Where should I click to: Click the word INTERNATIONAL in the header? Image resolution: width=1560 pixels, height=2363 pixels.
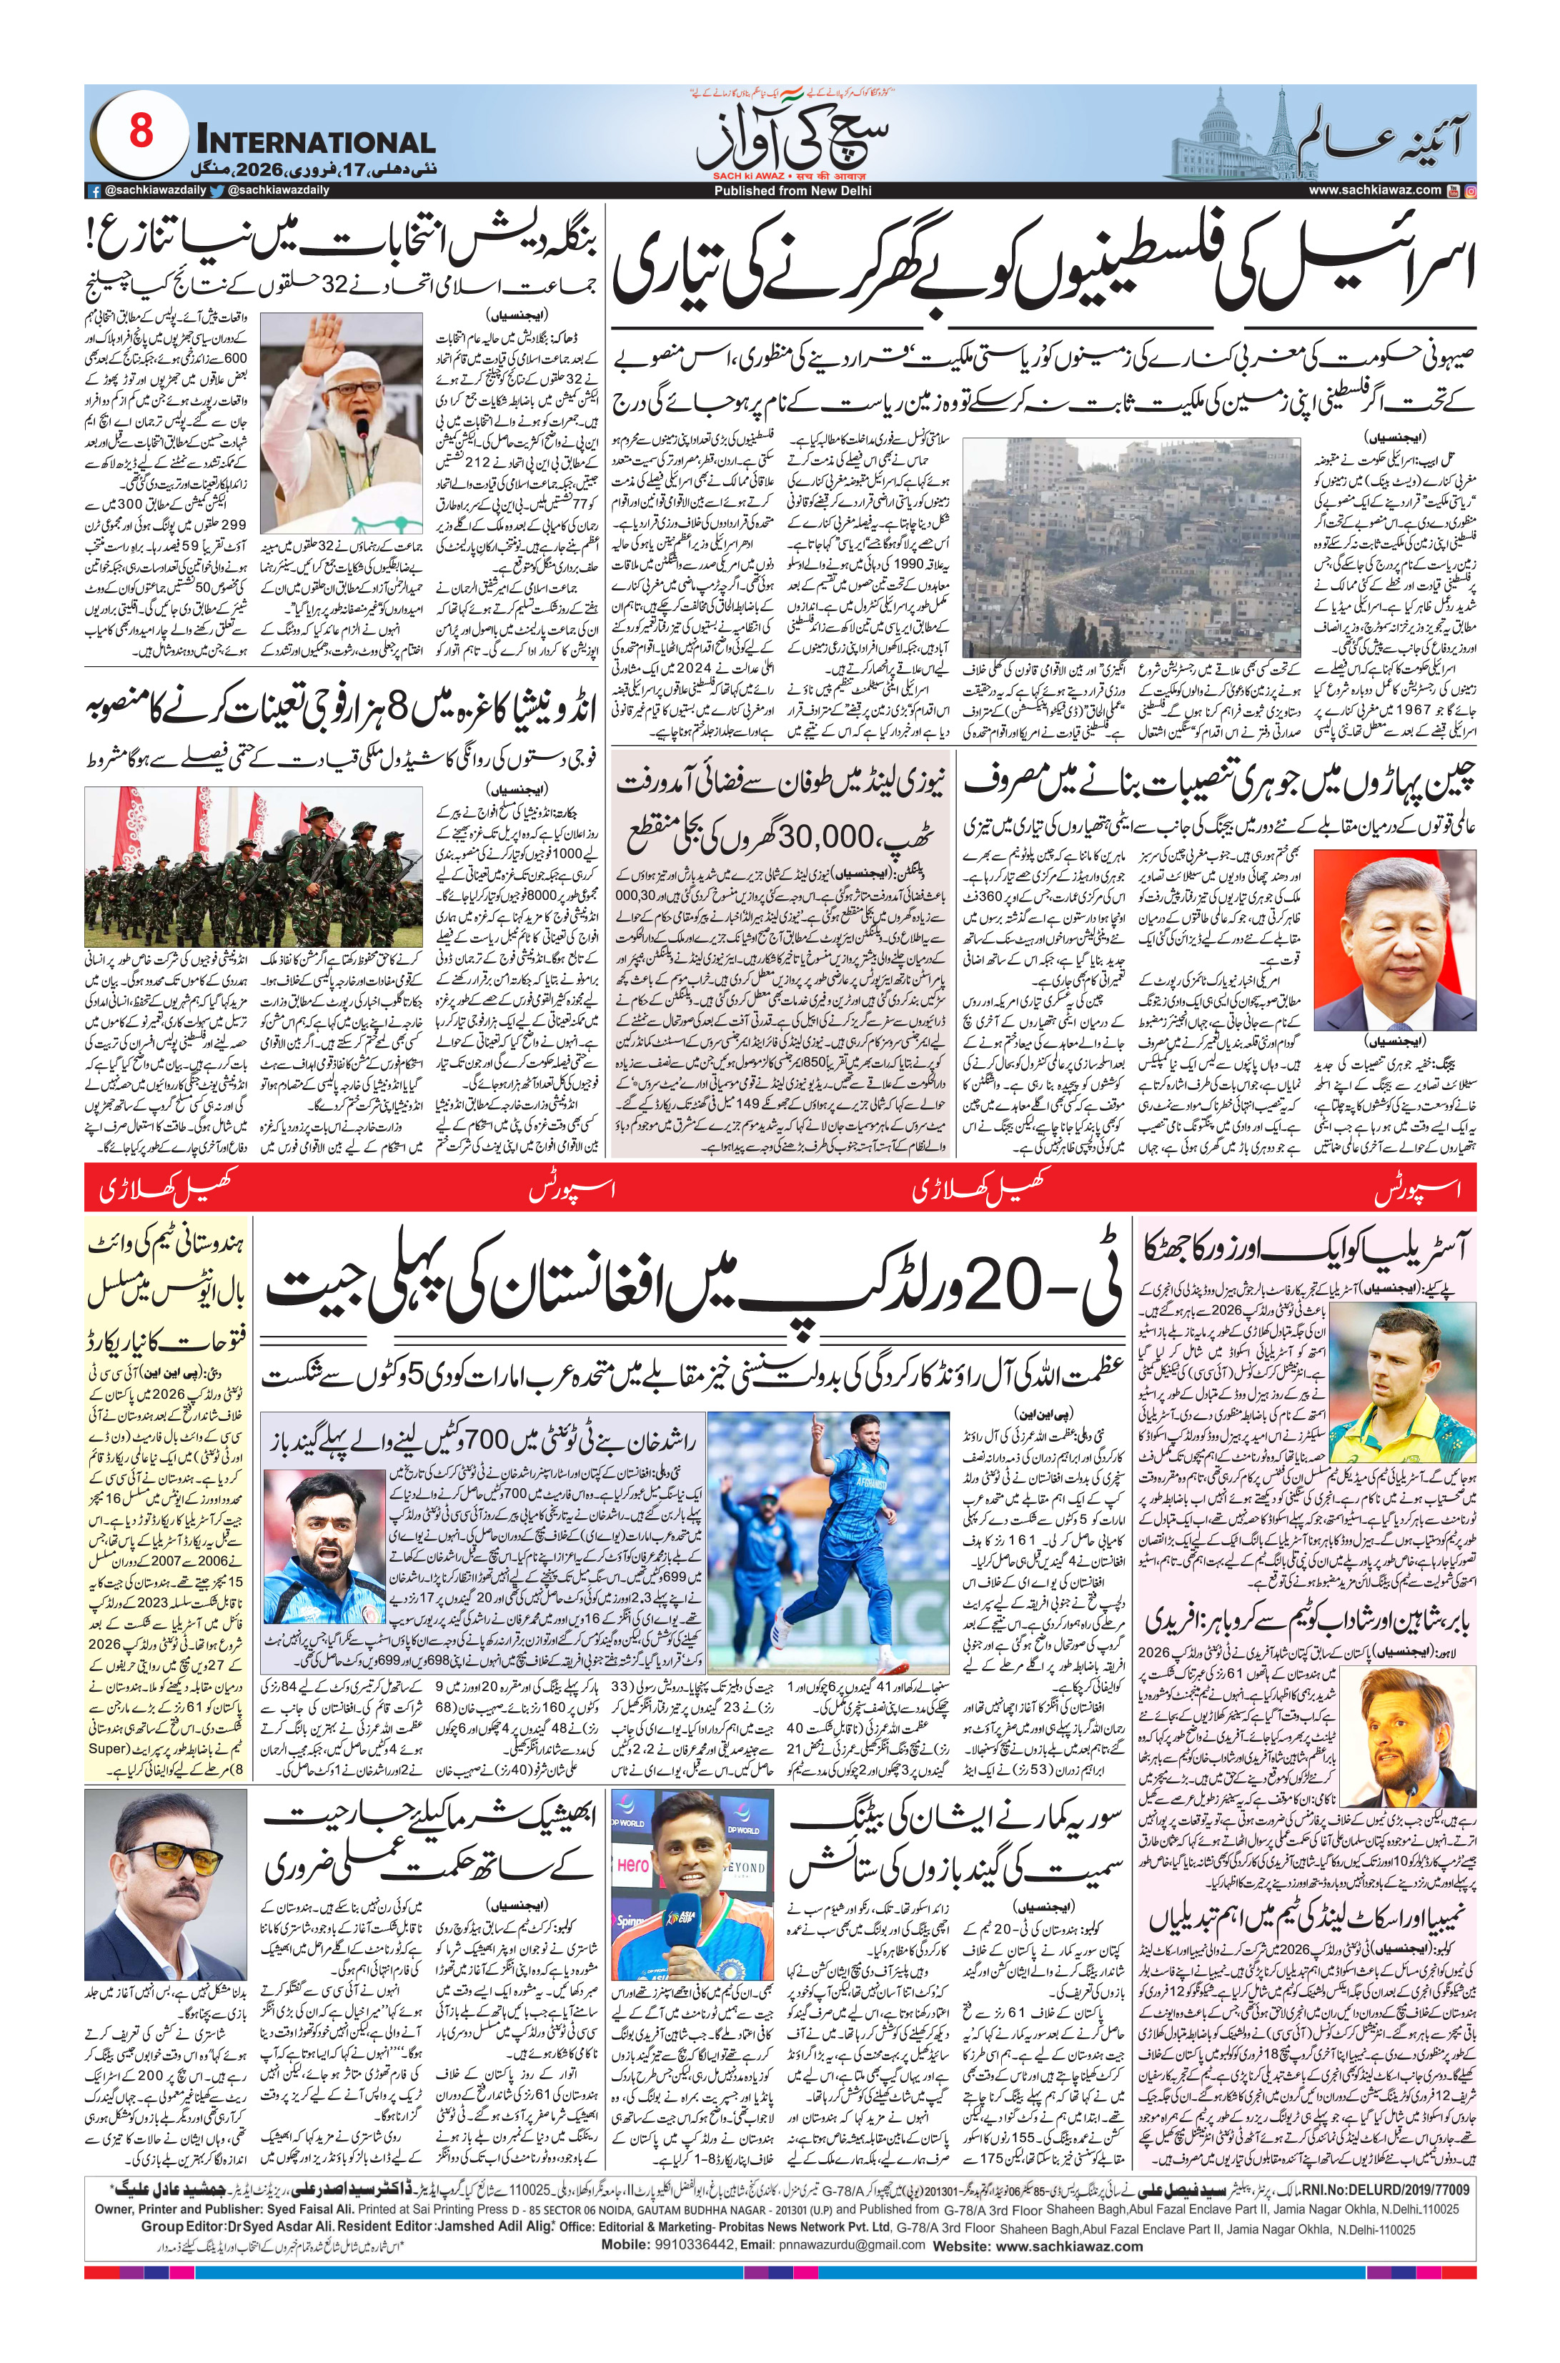click(x=317, y=142)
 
